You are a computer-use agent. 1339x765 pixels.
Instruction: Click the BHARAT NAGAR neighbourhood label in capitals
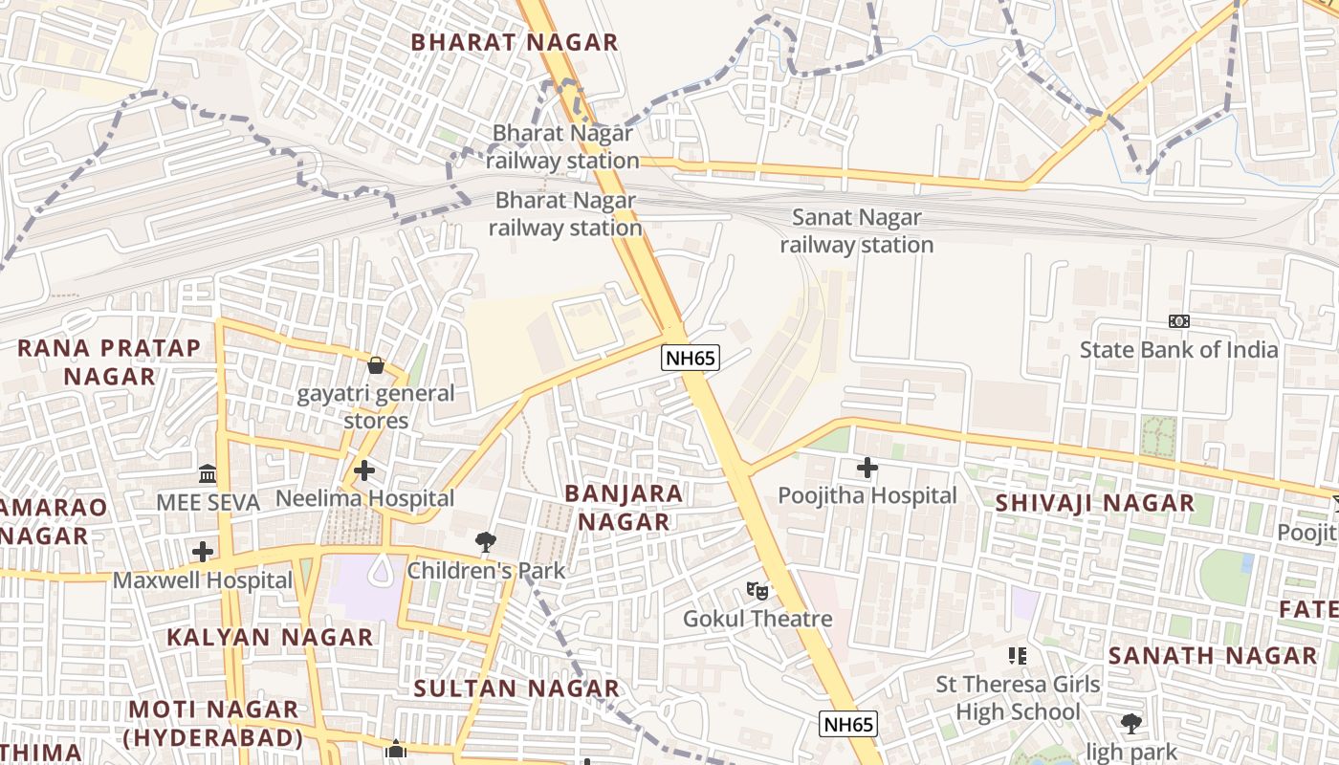click(x=515, y=42)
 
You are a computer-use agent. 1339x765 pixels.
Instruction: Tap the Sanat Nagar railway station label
click(x=856, y=231)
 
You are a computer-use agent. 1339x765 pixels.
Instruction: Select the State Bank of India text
click(x=1178, y=350)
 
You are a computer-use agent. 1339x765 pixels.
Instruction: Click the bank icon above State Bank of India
click(x=1179, y=321)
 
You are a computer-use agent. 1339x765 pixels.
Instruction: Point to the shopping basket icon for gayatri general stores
click(x=376, y=365)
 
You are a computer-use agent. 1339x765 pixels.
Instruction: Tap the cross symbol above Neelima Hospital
click(x=364, y=470)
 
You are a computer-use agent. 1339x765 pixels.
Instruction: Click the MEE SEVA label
click(x=208, y=502)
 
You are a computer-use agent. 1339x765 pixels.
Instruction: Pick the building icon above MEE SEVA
click(x=208, y=473)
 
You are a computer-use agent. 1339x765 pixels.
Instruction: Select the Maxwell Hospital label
click(x=203, y=580)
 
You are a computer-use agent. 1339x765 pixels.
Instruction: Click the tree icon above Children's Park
click(x=486, y=542)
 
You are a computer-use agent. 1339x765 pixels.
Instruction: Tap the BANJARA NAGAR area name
click(x=624, y=508)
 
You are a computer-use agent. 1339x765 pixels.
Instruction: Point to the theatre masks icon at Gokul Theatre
click(x=757, y=591)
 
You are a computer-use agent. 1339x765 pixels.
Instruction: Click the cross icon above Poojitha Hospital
click(x=867, y=468)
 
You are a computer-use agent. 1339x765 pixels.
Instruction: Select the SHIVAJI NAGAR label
click(x=1094, y=503)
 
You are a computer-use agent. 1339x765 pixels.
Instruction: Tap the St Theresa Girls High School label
click(x=1018, y=698)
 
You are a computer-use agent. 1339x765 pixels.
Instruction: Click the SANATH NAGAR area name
click(x=1213, y=656)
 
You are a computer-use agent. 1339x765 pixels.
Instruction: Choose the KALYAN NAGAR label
click(x=270, y=637)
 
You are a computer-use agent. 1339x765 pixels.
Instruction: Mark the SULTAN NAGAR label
click(x=516, y=688)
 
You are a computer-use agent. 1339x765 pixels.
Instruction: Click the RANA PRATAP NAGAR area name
click(x=109, y=361)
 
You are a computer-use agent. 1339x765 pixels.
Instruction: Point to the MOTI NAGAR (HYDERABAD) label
click(x=213, y=723)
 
